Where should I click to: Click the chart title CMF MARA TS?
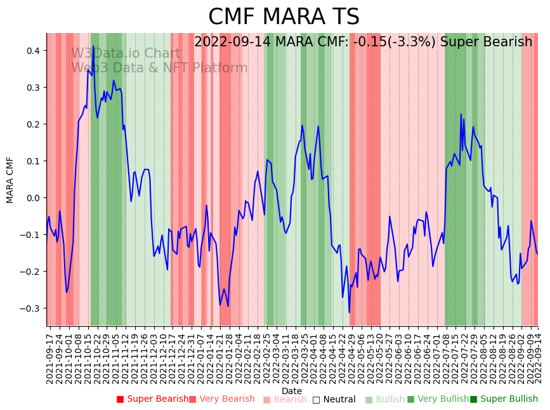[x=284, y=17]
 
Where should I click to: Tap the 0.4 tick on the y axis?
[x=34, y=50]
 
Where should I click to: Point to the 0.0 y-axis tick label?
[x=34, y=197]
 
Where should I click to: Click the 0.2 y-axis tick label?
[x=34, y=124]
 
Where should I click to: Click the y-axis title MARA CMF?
[x=10, y=180]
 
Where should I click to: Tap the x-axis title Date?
[x=292, y=391]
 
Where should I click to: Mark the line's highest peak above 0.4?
[x=93, y=46]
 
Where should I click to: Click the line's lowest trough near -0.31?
[x=349, y=312]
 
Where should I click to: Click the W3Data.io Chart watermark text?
[x=126, y=53]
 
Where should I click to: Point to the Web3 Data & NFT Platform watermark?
[x=159, y=68]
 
